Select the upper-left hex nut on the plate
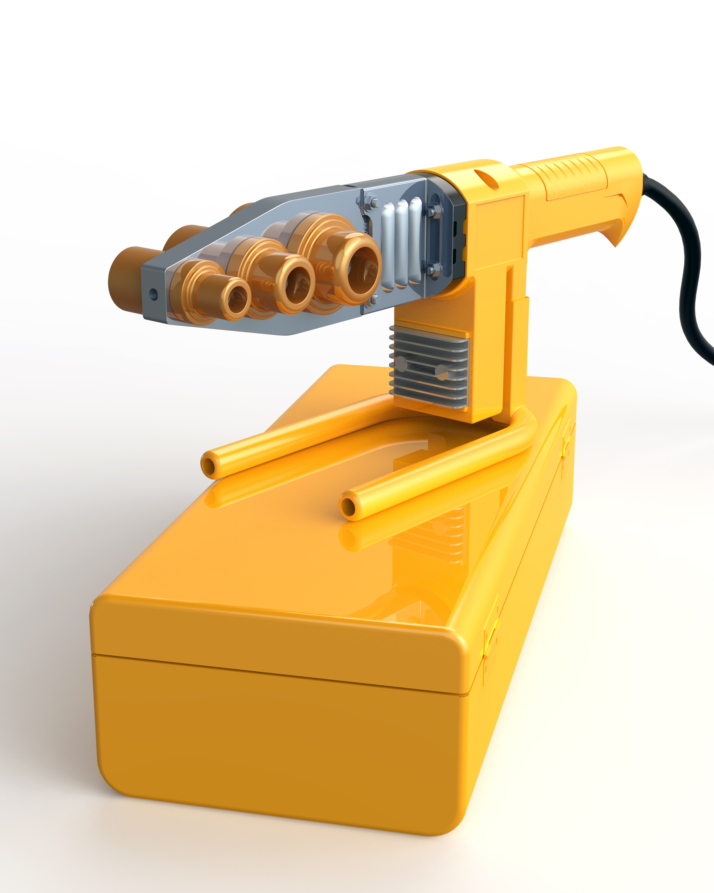pyautogui.click(x=372, y=203)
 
